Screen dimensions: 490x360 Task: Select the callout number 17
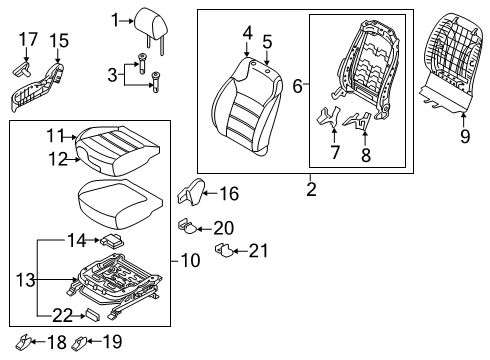point(28,40)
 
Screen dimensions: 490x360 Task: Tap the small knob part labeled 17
point(22,68)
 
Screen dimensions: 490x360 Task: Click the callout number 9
point(465,137)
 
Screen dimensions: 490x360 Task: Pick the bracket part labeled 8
point(357,121)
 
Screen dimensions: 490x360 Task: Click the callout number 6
point(297,86)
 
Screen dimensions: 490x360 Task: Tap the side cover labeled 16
point(191,192)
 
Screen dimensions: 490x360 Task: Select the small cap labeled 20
point(188,227)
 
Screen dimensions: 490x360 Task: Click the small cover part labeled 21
point(225,250)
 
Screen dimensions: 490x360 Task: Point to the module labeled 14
point(111,240)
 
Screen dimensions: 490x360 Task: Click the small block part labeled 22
point(93,315)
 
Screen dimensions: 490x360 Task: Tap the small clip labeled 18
point(24,341)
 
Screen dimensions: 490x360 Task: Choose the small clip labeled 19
point(79,343)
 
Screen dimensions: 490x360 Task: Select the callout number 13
point(25,280)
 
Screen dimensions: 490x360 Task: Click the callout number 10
point(190,260)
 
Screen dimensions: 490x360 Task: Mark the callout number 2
point(311,189)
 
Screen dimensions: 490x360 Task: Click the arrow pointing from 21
point(241,251)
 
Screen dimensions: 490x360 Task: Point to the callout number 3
point(112,75)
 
